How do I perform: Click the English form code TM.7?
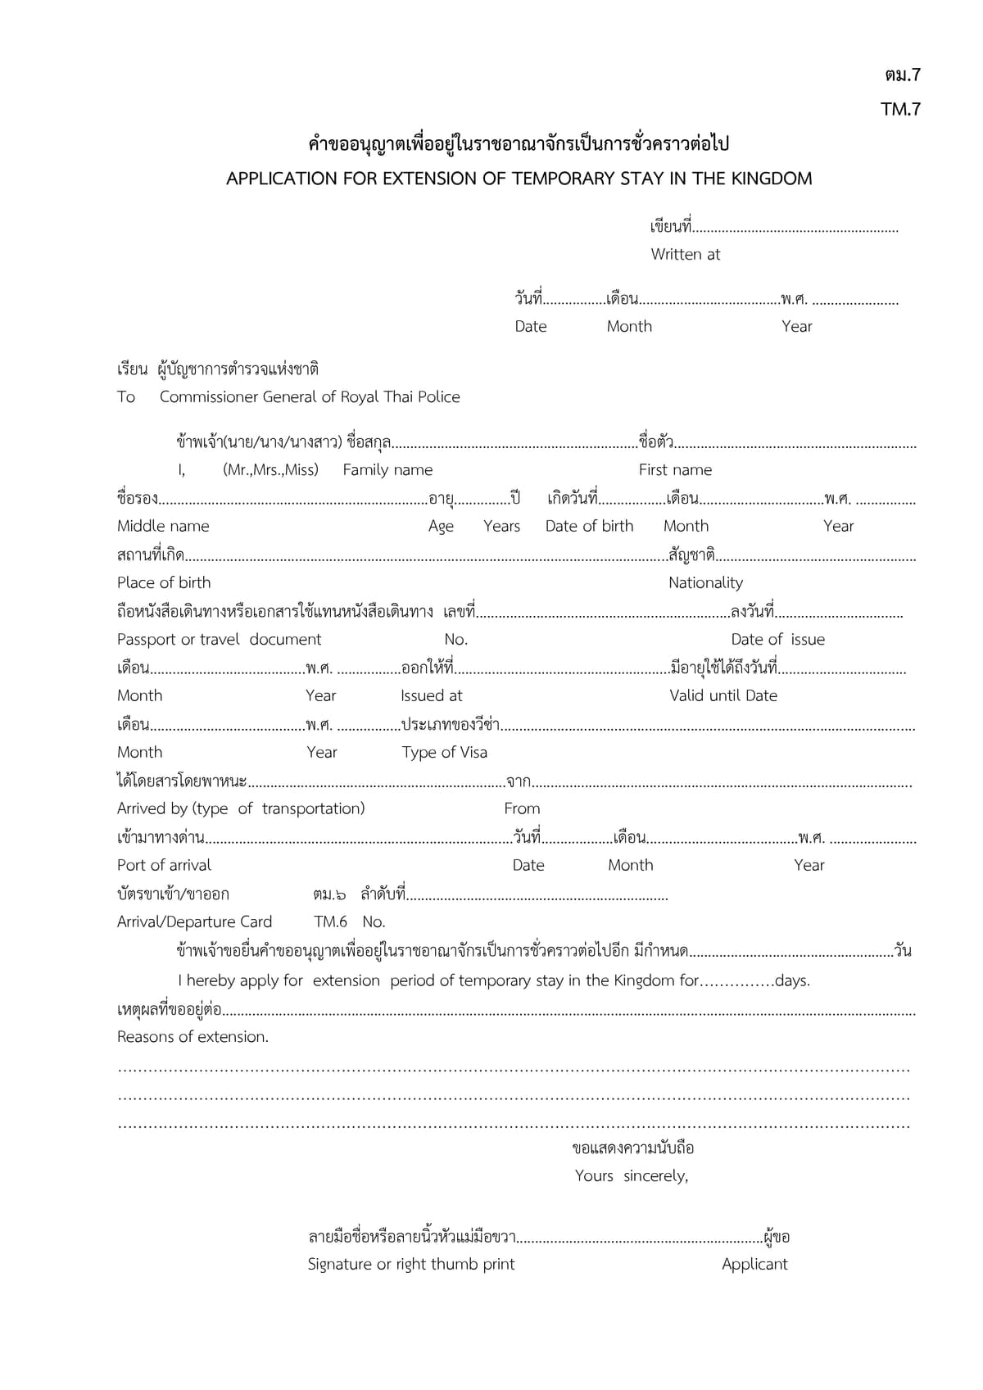click(x=900, y=109)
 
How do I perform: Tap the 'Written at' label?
click(x=685, y=255)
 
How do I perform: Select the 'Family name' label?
click(x=387, y=470)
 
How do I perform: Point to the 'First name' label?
click(x=675, y=470)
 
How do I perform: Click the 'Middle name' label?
click(x=163, y=526)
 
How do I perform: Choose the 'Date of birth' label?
click(x=589, y=526)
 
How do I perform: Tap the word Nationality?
click(x=705, y=582)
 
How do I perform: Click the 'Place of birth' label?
click(x=164, y=582)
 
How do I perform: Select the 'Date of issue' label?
click(x=777, y=639)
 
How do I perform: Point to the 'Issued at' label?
click(x=431, y=695)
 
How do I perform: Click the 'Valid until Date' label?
click(x=723, y=695)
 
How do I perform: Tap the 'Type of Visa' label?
click(x=444, y=752)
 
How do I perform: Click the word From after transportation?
click(x=522, y=808)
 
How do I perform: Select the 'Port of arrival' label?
click(x=164, y=865)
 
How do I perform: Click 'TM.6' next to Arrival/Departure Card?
click(x=330, y=921)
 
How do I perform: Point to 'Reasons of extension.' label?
click(x=193, y=1037)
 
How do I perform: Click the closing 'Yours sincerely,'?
click(x=631, y=1176)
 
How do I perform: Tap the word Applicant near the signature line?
click(x=754, y=1264)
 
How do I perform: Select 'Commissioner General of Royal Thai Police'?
click(x=310, y=397)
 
